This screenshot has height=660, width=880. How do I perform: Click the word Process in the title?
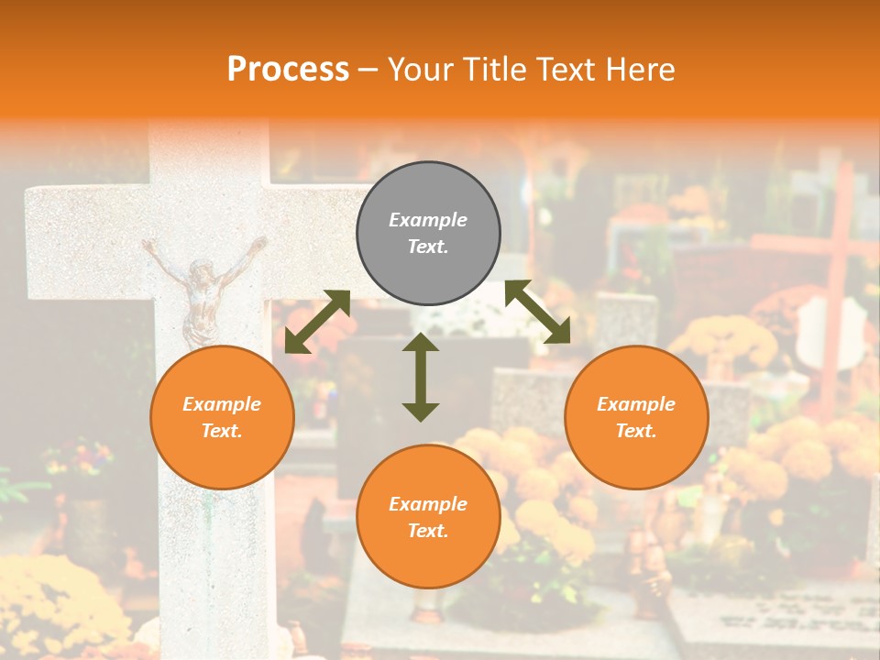tap(288, 70)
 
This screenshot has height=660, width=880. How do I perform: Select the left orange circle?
tap(222, 417)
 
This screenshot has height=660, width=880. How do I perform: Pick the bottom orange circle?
tap(428, 517)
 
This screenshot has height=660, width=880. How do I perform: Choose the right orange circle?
tap(635, 417)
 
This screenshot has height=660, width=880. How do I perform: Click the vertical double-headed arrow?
tap(421, 377)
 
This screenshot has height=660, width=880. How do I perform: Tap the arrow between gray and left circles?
tap(317, 322)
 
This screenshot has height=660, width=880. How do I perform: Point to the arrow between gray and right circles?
tap(537, 313)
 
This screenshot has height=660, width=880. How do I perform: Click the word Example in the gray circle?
tap(428, 220)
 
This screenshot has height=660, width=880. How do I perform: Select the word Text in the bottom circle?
tap(428, 531)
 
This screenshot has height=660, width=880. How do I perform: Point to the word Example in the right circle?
tap(635, 404)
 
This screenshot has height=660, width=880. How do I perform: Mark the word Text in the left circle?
tap(222, 431)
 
